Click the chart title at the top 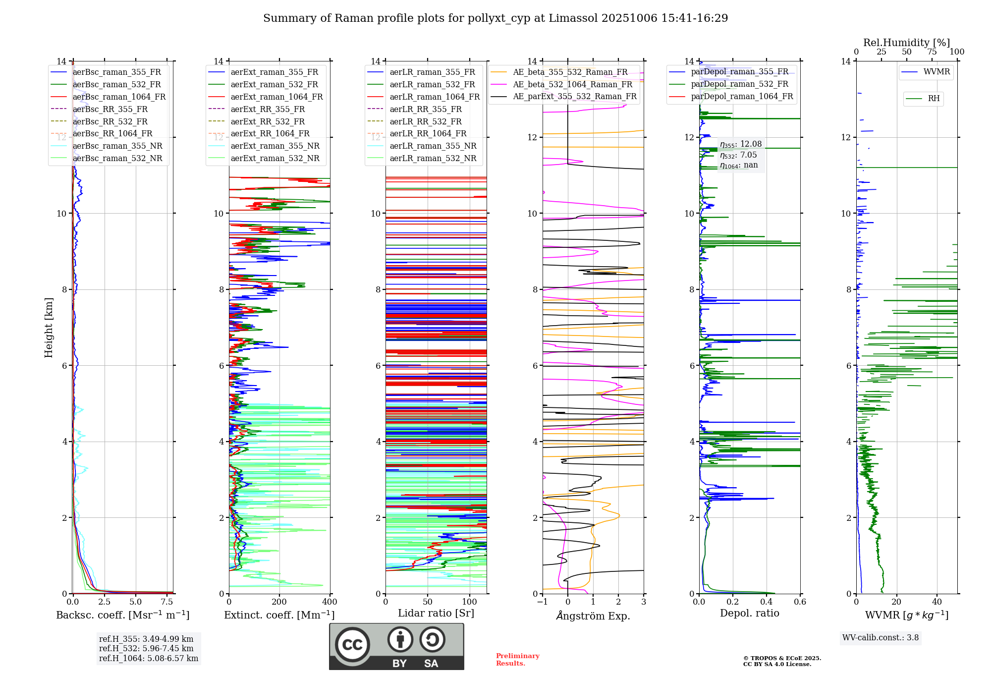[x=495, y=18]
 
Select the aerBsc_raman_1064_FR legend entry [x=119, y=97]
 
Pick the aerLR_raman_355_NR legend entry [x=433, y=146]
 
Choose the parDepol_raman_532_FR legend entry [x=739, y=84]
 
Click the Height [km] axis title [x=49, y=328]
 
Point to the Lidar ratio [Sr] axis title [x=436, y=613]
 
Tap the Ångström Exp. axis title [x=593, y=616]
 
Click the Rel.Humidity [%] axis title [x=906, y=43]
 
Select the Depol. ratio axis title [x=749, y=613]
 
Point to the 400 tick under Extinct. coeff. [x=330, y=602]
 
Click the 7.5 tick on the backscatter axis [x=167, y=602]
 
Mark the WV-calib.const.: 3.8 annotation [x=881, y=638]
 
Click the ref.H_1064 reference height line [x=149, y=659]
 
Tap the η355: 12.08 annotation [x=741, y=144]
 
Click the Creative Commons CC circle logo [x=352, y=645]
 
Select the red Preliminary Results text [x=517, y=660]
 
